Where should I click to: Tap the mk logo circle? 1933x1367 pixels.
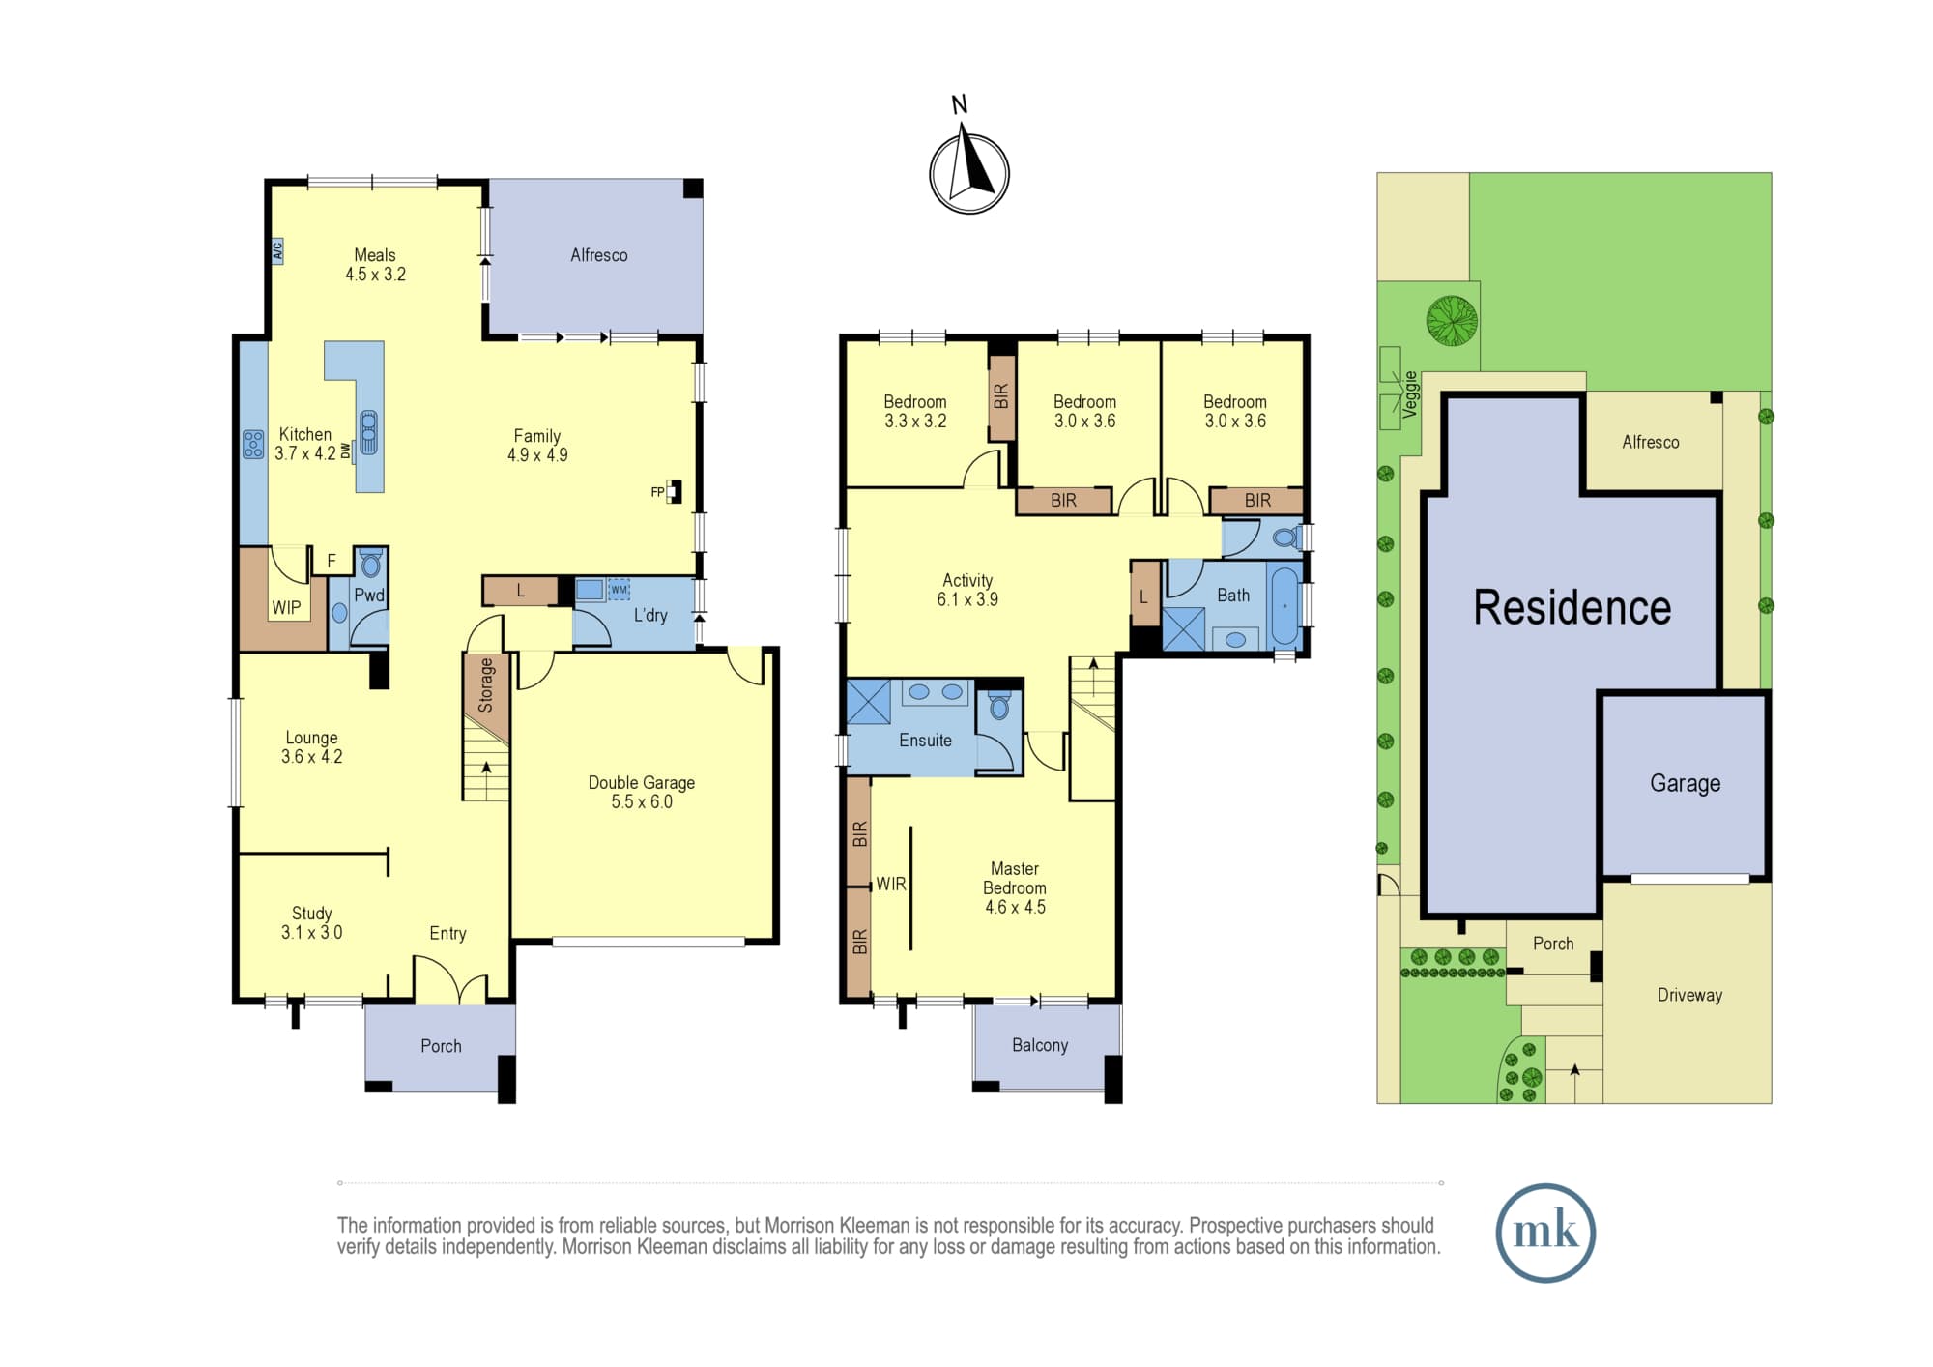[x=1545, y=1233]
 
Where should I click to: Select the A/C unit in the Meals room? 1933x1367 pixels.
[x=277, y=251]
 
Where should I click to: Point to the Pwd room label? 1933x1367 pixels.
[x=369, y=596]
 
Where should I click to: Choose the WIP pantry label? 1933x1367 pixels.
[x=286, y=608]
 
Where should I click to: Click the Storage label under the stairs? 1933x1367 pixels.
[x=486, y=685]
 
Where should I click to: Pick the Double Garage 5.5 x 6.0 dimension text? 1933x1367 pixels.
[x=642, y=802]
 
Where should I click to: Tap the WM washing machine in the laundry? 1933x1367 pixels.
[x=620, y=589]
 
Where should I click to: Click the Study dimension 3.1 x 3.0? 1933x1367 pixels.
[x=311, y=933]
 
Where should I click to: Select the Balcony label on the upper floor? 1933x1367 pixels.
[x=1040, y=1045]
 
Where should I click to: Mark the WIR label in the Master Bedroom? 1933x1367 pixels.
[x=891, y=884]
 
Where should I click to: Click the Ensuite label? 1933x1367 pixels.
[x=925, y=741]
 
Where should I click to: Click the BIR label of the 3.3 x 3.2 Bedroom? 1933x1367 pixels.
[x=1001, y=396]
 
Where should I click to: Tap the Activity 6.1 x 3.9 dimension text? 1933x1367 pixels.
[x=967, y=599]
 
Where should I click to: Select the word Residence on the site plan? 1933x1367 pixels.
[x=1572, y=608]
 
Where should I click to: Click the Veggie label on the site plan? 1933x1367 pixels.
[x=1410, y=394]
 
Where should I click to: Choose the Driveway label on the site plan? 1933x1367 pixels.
[x=1689, y=996]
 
